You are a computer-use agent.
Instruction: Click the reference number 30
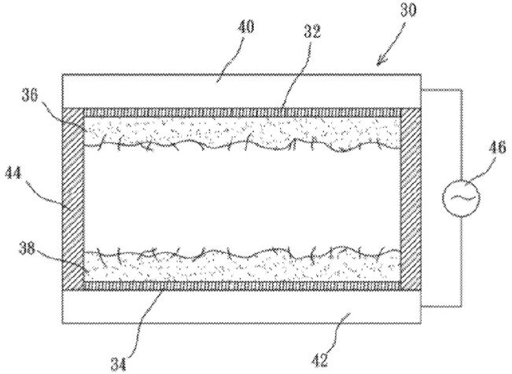[x=408, y=9]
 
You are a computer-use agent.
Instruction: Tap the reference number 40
[x=245, y=27]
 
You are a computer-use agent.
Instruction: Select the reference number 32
[x=312, y=31]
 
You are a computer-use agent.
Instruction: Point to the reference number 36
[x=30, y=95]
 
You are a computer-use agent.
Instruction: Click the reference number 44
[x=13, y=173]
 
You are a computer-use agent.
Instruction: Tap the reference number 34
[x=118, y=365]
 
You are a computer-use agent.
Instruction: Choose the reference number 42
[x=319, y=360]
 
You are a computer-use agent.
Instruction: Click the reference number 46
[x=497, y=148]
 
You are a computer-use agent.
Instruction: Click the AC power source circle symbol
[x=461, y=197]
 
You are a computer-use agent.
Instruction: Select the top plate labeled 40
[x=241, y=91]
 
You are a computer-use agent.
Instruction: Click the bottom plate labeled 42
[x=241, y=306]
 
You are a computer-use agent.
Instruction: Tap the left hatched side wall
[x=72, y=199]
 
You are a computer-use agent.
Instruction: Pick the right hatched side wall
[x=411, y=199]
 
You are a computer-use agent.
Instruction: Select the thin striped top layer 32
[x=242, y=112]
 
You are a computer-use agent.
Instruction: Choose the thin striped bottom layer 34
[x=242, y=285]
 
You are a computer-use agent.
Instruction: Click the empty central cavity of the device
[x=242, y=199]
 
